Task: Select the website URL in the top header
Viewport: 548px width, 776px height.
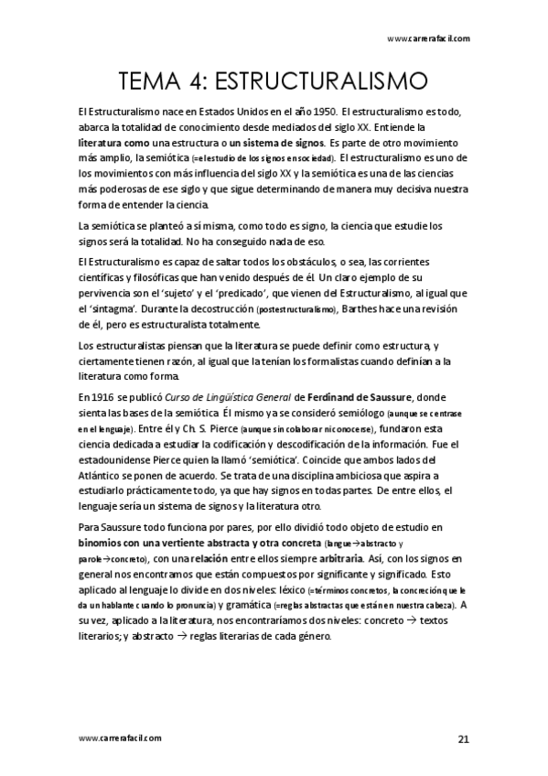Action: [x=429, y=38]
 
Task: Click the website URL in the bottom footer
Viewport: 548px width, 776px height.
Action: [x=121, y=737]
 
